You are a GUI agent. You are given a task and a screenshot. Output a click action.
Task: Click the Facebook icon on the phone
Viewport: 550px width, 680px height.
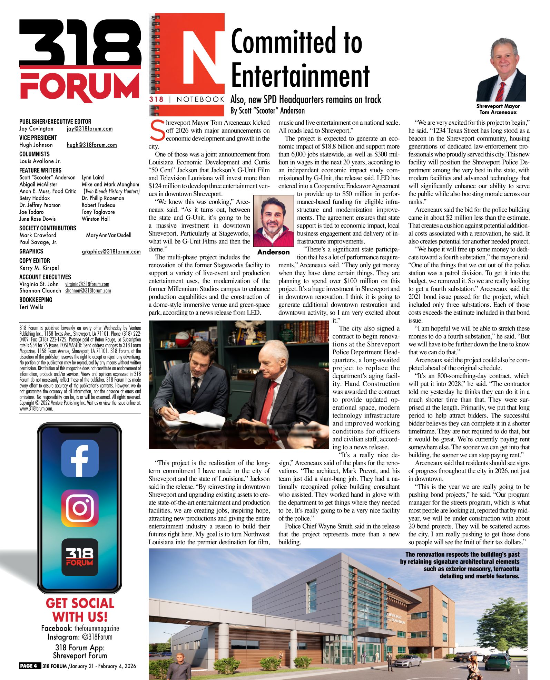pos(80,458)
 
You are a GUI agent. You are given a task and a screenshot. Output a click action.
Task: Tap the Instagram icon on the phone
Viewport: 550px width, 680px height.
pos(80,508)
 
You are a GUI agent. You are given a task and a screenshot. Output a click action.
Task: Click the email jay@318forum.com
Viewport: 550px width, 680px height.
pos(90,129)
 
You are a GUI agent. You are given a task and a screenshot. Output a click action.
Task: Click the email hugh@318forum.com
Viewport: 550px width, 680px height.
pos(92,145)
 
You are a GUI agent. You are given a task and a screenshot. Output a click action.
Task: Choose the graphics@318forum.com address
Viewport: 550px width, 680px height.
pos(111,252)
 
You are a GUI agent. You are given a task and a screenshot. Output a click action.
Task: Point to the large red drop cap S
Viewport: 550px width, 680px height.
pos(157,131)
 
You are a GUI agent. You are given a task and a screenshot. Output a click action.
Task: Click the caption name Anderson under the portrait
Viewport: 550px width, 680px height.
pos(273,252)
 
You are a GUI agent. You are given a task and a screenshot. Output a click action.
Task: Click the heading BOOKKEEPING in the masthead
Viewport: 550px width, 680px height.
pos(36,300)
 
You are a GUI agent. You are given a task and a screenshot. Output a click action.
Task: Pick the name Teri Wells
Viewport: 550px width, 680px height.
pos(31,307)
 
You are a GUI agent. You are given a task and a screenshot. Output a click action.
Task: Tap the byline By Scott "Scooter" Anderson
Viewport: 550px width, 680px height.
pos(267,111)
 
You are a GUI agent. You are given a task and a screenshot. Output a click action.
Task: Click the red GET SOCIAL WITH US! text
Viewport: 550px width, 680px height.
pos(80,610)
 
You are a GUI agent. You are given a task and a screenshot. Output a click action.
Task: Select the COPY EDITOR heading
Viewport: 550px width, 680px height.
pos(35,261)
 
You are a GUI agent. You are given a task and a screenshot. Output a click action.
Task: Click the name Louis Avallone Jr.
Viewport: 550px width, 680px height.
pos(40,161)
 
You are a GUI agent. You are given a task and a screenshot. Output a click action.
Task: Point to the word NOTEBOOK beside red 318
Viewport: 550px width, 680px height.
pos(200,99)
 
